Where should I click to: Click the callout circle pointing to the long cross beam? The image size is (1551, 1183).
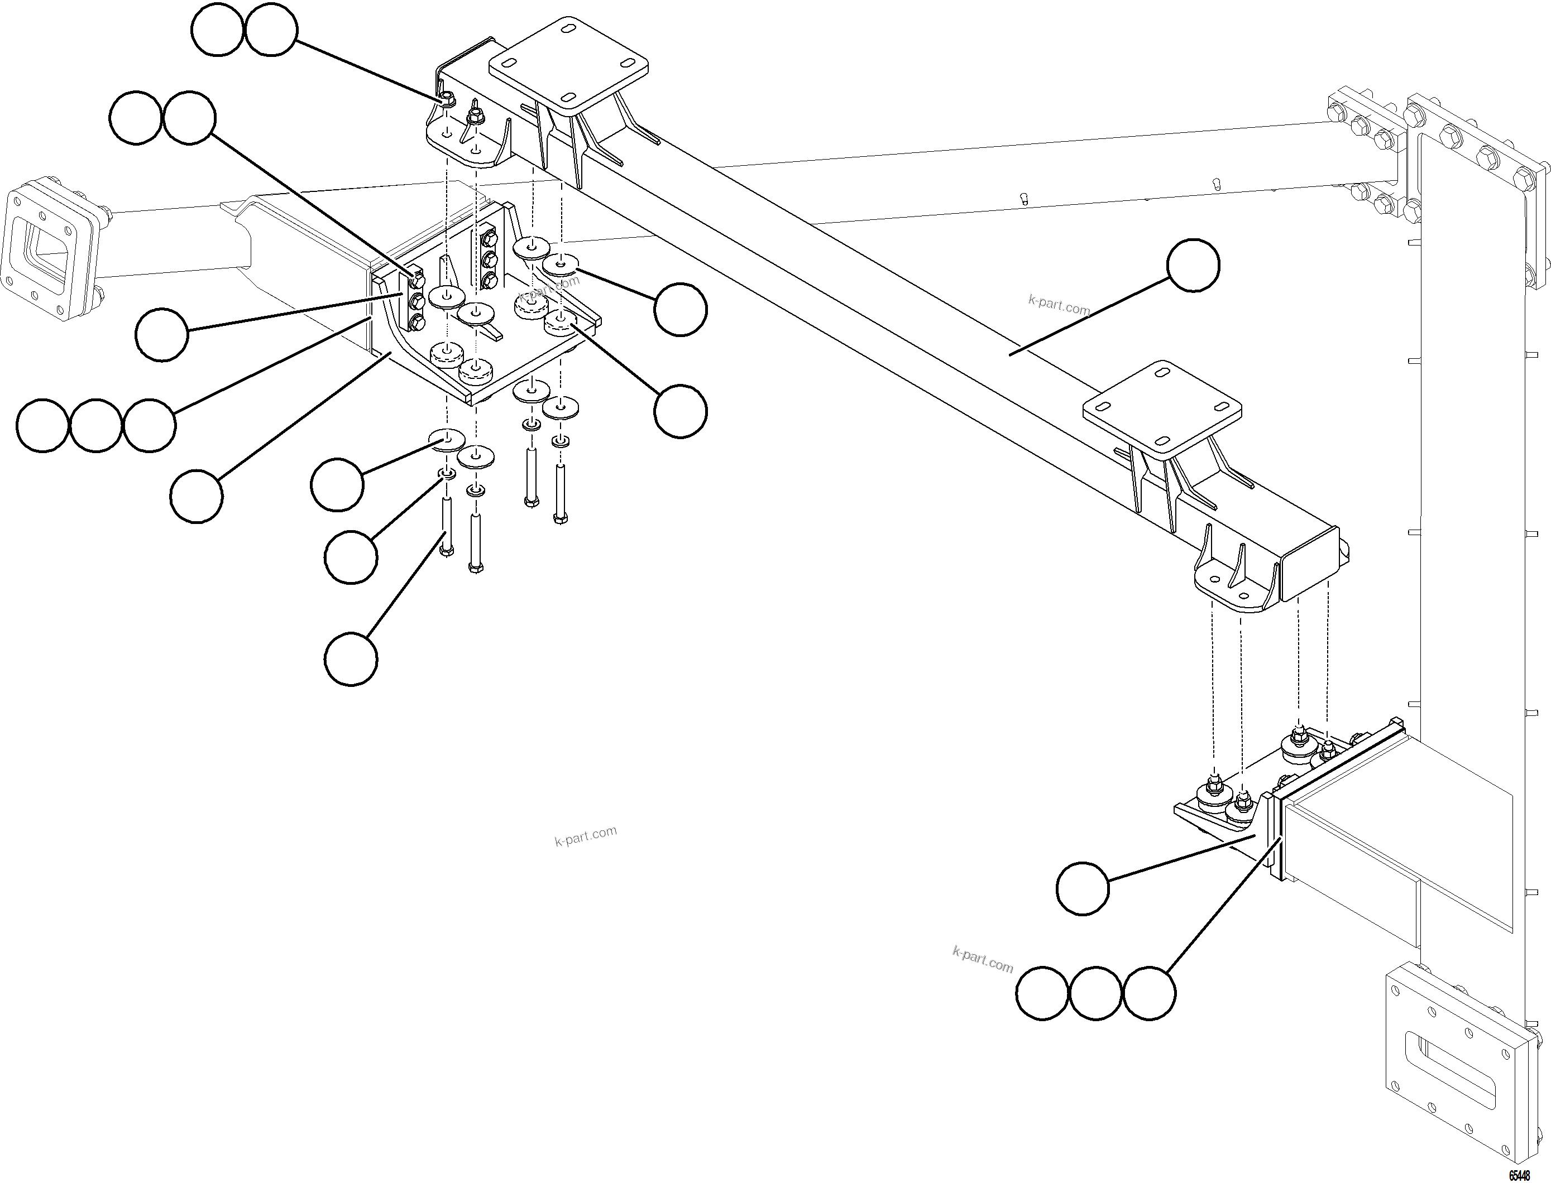[x=1193, y=265]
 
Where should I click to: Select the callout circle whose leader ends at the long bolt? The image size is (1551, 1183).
[x=351, y=658]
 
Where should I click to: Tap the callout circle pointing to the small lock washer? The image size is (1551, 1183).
[x=351, y=557]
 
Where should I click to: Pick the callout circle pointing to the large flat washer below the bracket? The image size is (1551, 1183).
[x=337, y=484]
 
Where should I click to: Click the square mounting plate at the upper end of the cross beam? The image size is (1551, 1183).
[x=568, y=69]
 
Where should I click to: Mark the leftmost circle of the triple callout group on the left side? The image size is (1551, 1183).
[x=42, y=425]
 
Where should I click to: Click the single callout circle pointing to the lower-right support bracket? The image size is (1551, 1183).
[x=1083, y=889]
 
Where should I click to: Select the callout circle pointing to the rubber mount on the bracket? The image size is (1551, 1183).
[x=679, y=411]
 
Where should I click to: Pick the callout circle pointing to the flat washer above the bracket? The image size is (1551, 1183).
[x=679, y=310]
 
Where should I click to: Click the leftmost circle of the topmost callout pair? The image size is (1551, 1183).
[x=217, y=30]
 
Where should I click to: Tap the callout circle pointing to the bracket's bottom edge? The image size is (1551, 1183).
[x=197, y=497]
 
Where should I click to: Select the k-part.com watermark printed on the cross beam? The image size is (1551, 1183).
[x=1059, y=305]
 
